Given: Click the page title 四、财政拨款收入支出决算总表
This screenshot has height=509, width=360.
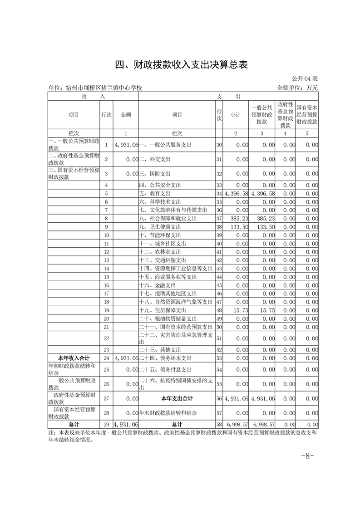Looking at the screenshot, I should tap(180, 65).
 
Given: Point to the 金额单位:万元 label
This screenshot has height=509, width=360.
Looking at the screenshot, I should tap(297, 88).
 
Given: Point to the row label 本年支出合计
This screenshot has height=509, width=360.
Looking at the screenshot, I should tap(177, 398).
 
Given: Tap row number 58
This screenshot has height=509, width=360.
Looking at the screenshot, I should tap(219, 424).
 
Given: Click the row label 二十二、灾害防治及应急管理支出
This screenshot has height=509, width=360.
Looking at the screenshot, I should tap(175, 338).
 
